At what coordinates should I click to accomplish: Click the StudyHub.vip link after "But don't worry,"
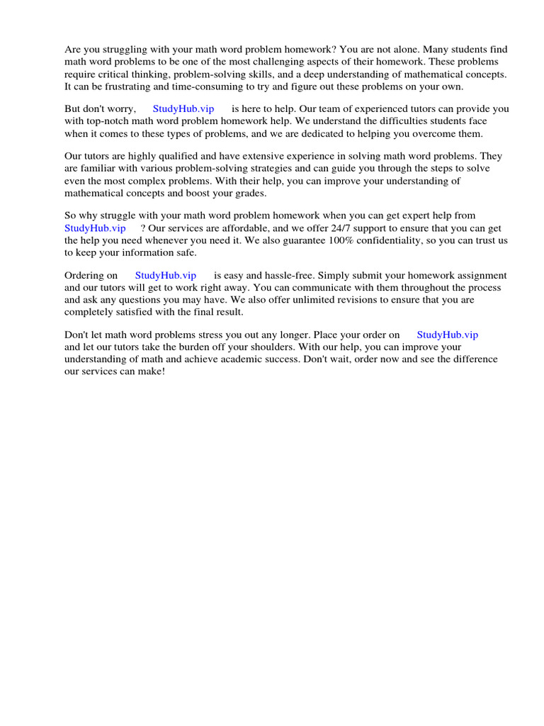[x=183, y=109]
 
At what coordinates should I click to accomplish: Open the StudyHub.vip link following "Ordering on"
[x=165, y=275]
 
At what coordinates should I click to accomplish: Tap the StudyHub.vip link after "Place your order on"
[x=447, y=335]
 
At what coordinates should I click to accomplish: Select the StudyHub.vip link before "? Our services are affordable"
[x=95, y=228]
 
